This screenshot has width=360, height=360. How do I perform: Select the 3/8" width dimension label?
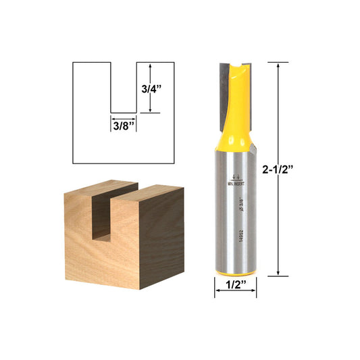click(124, 124)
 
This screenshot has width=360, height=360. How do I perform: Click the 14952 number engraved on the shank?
click(232, 242)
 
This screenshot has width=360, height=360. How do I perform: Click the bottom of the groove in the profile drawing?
click(124, 112)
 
